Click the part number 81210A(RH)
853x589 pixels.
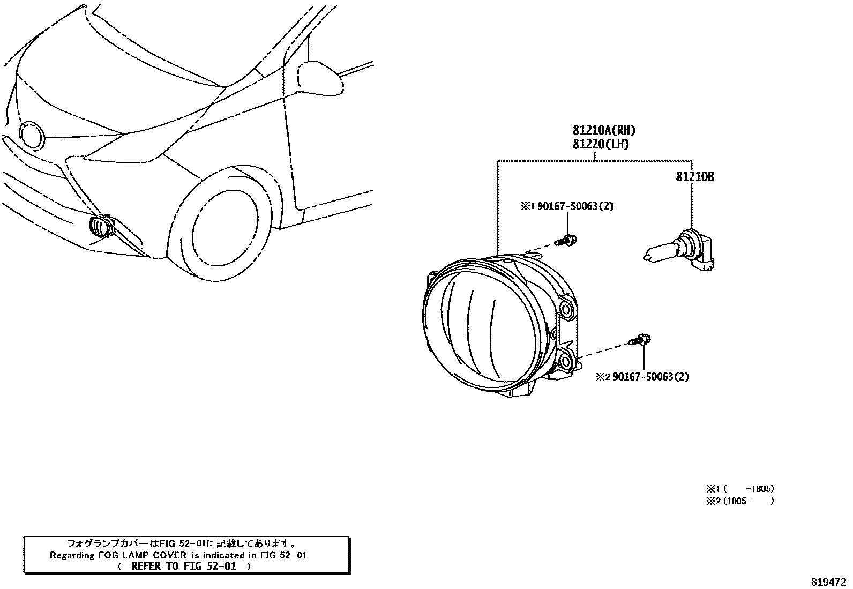point(603,130)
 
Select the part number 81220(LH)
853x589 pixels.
point(600,144)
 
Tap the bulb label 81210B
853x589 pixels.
point(694,177)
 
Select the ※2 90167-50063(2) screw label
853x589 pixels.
point(642,377)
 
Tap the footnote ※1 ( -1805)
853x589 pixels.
point(740,489)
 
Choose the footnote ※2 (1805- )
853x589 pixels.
point(740,501)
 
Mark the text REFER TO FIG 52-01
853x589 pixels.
point(183,566)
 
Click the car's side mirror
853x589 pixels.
point(320,78)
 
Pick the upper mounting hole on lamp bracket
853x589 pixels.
point(565,308)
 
